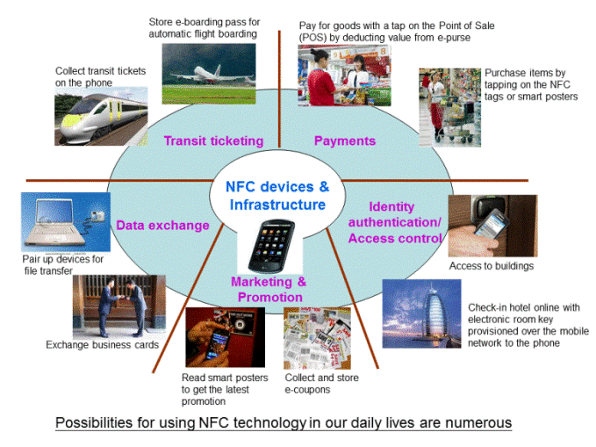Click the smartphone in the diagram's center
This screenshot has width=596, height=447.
271,246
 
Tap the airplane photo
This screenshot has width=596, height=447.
209,74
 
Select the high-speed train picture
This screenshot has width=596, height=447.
101,117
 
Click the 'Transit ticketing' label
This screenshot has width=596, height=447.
213,141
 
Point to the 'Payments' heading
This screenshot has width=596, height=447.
345,141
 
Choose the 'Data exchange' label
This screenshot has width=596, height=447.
162,225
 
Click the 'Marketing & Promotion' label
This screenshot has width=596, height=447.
269,289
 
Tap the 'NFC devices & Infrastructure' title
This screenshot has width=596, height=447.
277,196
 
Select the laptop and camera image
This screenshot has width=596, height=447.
66,222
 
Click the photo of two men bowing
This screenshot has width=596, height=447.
119,307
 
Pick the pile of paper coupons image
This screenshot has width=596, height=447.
317,338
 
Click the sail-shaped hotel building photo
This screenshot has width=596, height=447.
421,314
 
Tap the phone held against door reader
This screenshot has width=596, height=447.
493,226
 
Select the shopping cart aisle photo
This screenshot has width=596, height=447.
449,107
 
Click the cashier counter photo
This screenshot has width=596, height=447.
344,76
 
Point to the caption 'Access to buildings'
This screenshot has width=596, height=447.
492,266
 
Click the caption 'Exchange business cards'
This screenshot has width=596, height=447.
102,344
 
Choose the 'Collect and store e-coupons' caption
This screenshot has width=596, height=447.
321,384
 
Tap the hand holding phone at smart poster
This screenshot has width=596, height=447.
225,337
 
